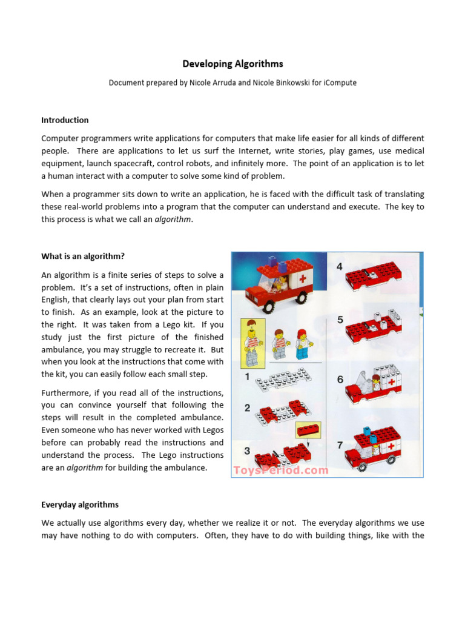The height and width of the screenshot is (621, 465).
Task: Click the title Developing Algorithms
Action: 233,64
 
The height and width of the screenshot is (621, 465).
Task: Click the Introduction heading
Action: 65,120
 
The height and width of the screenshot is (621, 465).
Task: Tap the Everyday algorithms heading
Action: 80,505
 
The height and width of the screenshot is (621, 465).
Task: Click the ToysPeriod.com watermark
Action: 281,470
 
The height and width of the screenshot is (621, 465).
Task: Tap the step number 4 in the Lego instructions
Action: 340,266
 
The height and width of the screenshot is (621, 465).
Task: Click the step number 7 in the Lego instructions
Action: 340,445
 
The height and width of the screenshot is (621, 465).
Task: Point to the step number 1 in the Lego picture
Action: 247,377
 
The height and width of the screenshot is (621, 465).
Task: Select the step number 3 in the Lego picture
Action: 247,451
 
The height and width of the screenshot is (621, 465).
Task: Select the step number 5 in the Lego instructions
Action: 340,320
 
